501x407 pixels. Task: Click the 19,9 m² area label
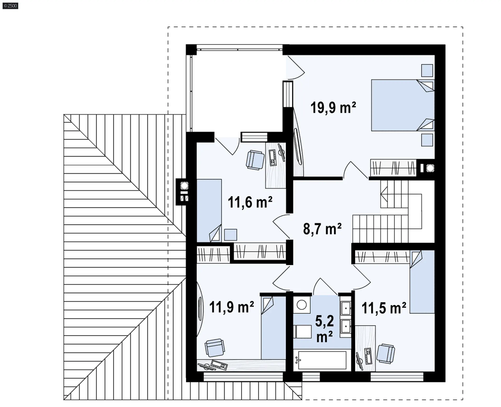pyautogui.click(x=333, y=107)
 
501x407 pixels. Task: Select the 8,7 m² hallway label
pyautogui.click(x=322, y=229)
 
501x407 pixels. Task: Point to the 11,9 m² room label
pyautogui.click(x=231, y=307)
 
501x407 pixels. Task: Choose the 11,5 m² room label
pyautogui.click(x=384, y=308)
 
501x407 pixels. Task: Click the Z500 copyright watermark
pyautogui.click(x=10, y=6)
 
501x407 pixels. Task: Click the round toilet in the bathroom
pyautogui.click(x=302, y=305)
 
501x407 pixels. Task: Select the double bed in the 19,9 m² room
pyautogui.click(x=403, y=105)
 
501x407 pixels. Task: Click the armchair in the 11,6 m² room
pyautogui.click(x=255, y=160)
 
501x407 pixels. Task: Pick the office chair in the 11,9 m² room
pyautogui.click(x=214, y=348)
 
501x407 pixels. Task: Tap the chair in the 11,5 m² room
pyautogui.click(x=386, y=354)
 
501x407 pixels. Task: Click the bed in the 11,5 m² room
pyautogui.click(x=422, y=282)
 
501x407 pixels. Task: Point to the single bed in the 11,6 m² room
pyautogui.click(x=209, y=211)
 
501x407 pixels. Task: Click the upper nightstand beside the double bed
pyautogui.click(x=427, y=70)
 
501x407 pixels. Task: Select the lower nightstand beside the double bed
pyautogui.click(x=427, y=140)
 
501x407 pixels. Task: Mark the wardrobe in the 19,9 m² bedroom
pyautogui.click(x=393, y=167)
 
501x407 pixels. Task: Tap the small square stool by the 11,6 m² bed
pyautogui.click(x=230, y=235)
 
